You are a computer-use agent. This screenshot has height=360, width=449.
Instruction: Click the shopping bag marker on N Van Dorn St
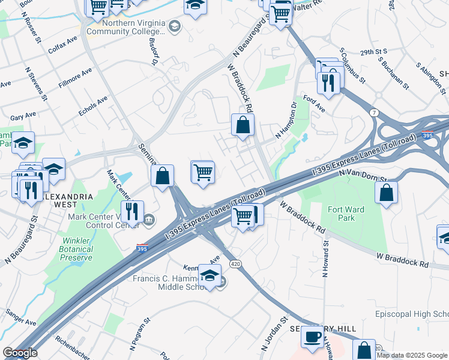coord(387,192)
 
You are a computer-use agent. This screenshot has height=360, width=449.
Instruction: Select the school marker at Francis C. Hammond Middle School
coord(209,276)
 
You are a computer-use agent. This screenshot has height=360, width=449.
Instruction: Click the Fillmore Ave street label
coord(75,79)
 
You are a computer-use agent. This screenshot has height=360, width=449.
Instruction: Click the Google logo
coord(20,353)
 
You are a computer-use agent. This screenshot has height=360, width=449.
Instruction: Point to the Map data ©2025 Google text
coord(412,355)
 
